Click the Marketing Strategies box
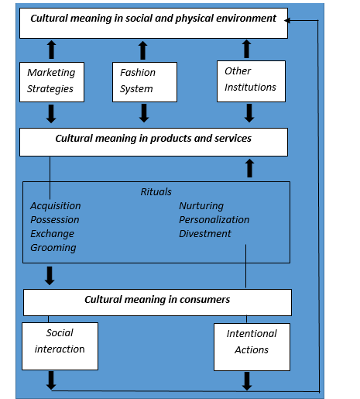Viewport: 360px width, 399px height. click(52, 82)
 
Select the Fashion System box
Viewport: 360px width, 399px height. click(145, 82)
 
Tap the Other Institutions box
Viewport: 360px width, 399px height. click(251, 81)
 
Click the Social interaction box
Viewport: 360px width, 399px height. click(60, 346)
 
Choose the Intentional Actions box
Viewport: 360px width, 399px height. click(252, 347)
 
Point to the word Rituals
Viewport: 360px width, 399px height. click(156, 192)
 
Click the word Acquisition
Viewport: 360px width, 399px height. click(56, 206)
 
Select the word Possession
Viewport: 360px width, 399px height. click(55, 220)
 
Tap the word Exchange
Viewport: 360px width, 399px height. click(52, 234)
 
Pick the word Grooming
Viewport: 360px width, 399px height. click(53, 248)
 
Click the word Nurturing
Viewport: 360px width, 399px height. click(201, 206)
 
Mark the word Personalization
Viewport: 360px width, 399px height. click(214, 220)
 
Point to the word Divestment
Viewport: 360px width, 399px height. click(205, 234)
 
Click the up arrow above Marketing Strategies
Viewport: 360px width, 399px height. click(52, 50)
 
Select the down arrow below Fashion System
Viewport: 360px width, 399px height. click(144, 113)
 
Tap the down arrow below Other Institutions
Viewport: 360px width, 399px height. click(249, 113)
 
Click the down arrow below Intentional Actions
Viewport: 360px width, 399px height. click(247, 381)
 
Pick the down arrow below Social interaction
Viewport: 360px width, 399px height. click(51, 380)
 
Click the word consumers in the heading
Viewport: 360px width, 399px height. click(204, 300)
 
